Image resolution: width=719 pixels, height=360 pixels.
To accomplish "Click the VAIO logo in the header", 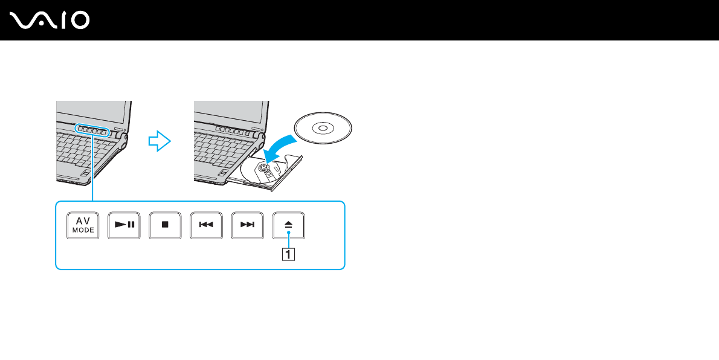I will tap(50, 21).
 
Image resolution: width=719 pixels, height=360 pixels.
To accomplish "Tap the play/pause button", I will tap(124, 225).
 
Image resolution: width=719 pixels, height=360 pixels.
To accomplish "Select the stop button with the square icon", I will tap(165, 225).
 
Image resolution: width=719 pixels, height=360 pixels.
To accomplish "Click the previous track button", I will tap(206, 225).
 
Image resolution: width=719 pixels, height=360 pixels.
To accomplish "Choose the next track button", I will tap(247, 225).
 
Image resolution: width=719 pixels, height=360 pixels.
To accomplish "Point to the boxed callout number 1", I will tap(289, 254).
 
